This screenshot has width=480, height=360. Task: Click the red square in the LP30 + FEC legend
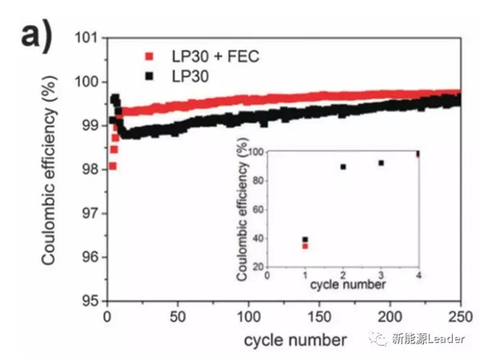[148, 57]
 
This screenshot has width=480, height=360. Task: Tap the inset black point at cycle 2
[343, 166]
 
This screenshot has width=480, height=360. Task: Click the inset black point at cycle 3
[381, 162]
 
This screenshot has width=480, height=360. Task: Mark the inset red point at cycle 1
[305, 246]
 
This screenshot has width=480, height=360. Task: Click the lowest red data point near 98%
[112, 166]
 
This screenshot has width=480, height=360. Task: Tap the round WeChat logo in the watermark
[376, 339]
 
